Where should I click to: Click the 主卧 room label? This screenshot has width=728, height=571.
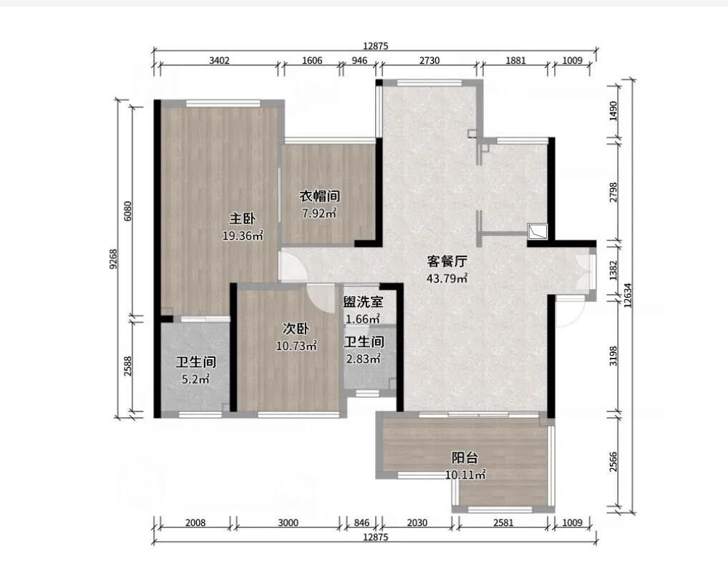click(243, 219)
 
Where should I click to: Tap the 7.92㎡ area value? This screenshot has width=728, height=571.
click(319, 213)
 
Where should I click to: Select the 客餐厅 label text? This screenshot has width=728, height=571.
click(447, 261)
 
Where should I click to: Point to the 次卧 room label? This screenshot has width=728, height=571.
click(296, 328)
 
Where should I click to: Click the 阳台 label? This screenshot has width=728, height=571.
click(465, 458)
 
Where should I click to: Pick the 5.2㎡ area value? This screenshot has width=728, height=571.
click(196, 379)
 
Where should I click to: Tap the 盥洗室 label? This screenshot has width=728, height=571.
click(363, 302)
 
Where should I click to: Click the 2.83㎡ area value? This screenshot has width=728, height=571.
click(364, 359)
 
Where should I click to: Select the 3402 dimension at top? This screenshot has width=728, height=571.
click(219, 60)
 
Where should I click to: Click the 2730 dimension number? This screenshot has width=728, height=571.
click(429, 60)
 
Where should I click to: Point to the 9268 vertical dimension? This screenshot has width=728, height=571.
click(114, 260)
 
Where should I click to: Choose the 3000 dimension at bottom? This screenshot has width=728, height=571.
click(288, 523)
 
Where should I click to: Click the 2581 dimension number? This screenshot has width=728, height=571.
click(503, 523)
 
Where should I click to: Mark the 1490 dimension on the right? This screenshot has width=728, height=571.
click(613, 111)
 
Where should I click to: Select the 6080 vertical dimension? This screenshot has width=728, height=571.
click(128, 211)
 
